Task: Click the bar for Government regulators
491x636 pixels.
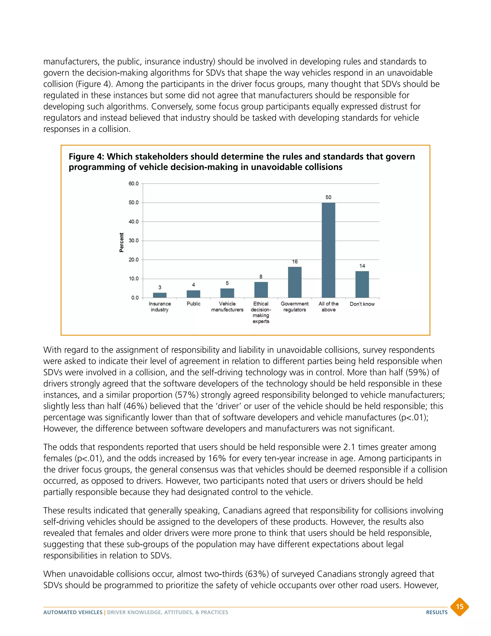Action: (295, 282)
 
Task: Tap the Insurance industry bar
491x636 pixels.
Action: (160, 295)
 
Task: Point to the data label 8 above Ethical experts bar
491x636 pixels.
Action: (261, 277)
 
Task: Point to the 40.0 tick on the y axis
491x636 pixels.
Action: (134, 222)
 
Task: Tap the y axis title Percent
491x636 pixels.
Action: (122, 242)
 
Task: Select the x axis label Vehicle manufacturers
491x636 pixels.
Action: (227, 307)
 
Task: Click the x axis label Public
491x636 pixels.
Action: (193, 304)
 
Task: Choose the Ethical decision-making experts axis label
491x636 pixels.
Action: (261, 312)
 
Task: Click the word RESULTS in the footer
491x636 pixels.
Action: (437, 612)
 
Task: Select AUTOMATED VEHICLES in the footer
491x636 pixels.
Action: (73, 612)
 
